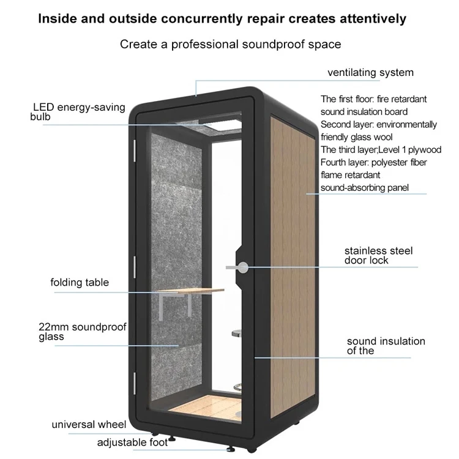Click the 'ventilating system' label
[x=370, y=73]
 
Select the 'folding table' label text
[x=80, y=283]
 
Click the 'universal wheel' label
[x=89, y=424]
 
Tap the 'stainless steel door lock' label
[x=378, y=256]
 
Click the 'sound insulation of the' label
[x=386, y=346]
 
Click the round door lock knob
[x=244, y=267]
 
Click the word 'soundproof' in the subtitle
[x=261, y=44]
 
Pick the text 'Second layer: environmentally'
[x=379, y=124]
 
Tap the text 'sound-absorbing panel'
[x=365, y=188]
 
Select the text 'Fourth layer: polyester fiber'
[x=374, y=162]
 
